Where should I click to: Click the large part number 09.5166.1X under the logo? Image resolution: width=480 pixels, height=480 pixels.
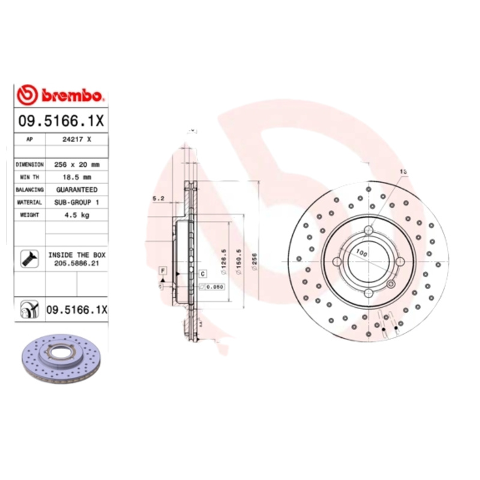(x=62, y=121)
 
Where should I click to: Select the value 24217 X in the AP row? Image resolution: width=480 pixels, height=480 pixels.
(x=77, y=139)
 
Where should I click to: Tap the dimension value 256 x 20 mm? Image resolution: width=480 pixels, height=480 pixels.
(x=77, y=164)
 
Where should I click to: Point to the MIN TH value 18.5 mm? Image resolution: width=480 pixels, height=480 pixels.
(x=77, y=176)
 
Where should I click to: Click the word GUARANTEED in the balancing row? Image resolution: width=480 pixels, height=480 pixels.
(x=77, y=189)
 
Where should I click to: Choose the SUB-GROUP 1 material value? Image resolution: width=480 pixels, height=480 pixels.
(x=77, y=202)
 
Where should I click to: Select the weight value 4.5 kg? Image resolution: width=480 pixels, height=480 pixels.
(x=77, y=215)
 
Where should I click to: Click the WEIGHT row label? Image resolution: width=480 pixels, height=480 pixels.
(x=29, y=215)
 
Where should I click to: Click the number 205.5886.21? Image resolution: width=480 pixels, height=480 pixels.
(x=77, y=263)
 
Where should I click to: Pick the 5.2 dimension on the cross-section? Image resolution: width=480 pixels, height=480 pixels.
(x=159, y=198)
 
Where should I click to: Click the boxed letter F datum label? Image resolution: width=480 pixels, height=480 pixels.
(x=162, y=272)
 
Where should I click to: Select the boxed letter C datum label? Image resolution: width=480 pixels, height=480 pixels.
(x=202, y=274)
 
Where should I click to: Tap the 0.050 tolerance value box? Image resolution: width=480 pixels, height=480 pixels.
(x=214, y=287)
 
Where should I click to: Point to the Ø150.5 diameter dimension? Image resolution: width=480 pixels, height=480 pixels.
(x=239, y=262)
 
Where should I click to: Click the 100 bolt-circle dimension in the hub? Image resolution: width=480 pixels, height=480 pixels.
(x=361, y=254)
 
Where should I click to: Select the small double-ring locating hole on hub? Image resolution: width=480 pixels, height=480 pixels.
(x=391, y=284)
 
